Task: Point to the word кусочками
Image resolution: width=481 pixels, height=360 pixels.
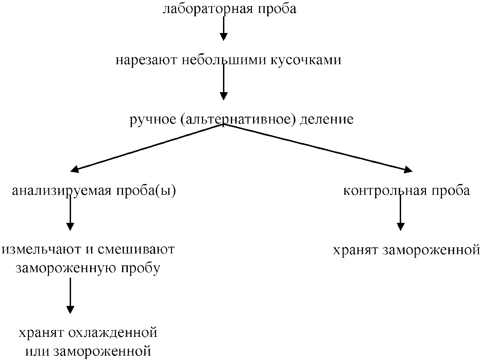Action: click(306, 60)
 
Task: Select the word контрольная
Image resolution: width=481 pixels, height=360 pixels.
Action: click(385, 191)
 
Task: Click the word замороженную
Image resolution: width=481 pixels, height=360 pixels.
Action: click(65, 268)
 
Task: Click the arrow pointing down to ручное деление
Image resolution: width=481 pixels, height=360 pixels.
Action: click(223, 82)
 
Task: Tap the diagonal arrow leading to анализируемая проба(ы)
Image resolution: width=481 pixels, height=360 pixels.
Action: click(146, 147)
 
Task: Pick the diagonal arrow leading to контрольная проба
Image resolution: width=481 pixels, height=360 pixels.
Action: click(316, 147)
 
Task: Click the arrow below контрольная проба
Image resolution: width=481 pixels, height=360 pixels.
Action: click(401, 213)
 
